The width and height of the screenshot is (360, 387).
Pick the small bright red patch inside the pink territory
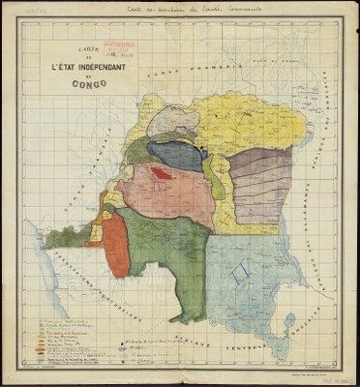[x=160, y=173]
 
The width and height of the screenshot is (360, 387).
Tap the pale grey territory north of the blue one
[x=175, y=121]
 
